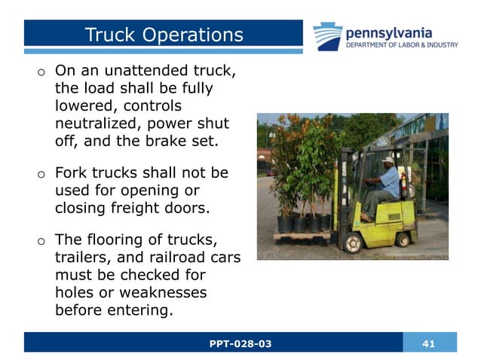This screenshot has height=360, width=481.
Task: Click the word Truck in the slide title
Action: (110, 35)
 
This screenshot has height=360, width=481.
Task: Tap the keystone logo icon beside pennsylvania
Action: (328, 36)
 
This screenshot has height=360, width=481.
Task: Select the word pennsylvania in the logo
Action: (388, 32)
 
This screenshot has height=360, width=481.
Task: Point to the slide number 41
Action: (429, 343)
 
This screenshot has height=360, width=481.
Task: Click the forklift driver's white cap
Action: (387, 160)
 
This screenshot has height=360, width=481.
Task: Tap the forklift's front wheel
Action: (352, 243)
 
